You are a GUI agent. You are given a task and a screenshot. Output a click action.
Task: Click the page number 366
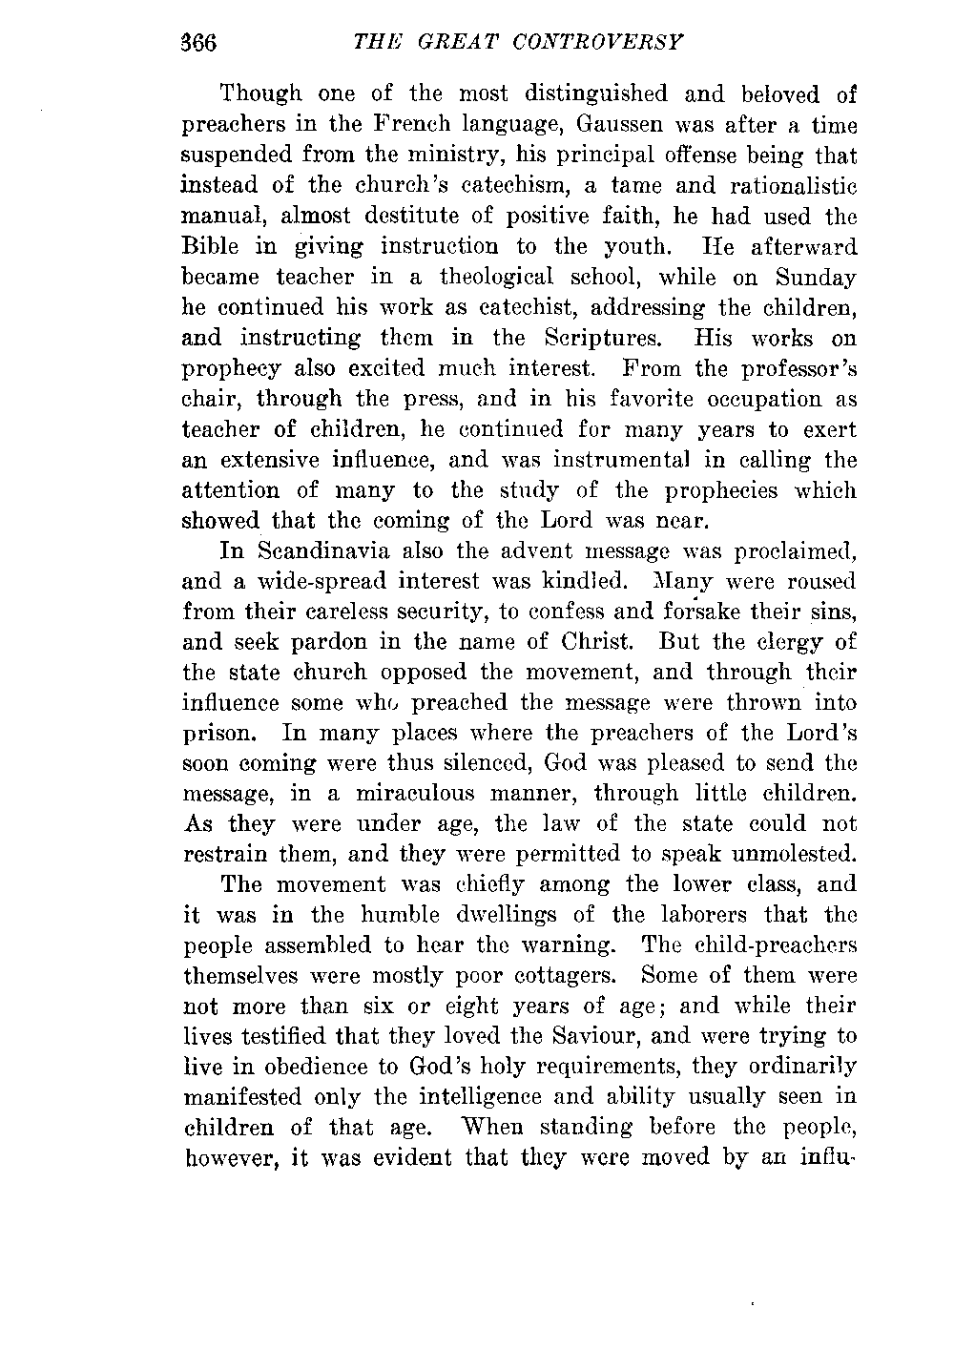200,43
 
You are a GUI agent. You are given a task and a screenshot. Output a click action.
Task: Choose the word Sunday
816,277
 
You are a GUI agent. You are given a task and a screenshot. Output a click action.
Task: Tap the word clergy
786,642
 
